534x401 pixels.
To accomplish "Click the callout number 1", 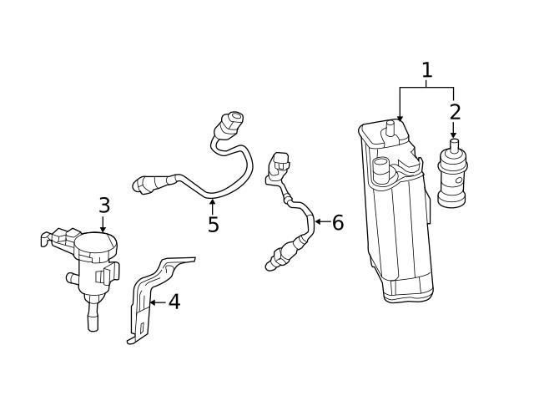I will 427,70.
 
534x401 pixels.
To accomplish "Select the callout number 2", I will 455,111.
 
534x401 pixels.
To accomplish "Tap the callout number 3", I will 103,205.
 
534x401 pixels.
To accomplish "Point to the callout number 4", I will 174,302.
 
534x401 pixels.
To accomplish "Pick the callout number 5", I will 213,225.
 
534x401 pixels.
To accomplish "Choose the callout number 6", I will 337,222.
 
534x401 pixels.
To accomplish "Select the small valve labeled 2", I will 453,177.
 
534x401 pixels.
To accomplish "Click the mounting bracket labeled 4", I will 150,301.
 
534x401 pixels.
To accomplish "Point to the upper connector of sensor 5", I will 231,122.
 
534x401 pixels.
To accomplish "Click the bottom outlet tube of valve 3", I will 90,319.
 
